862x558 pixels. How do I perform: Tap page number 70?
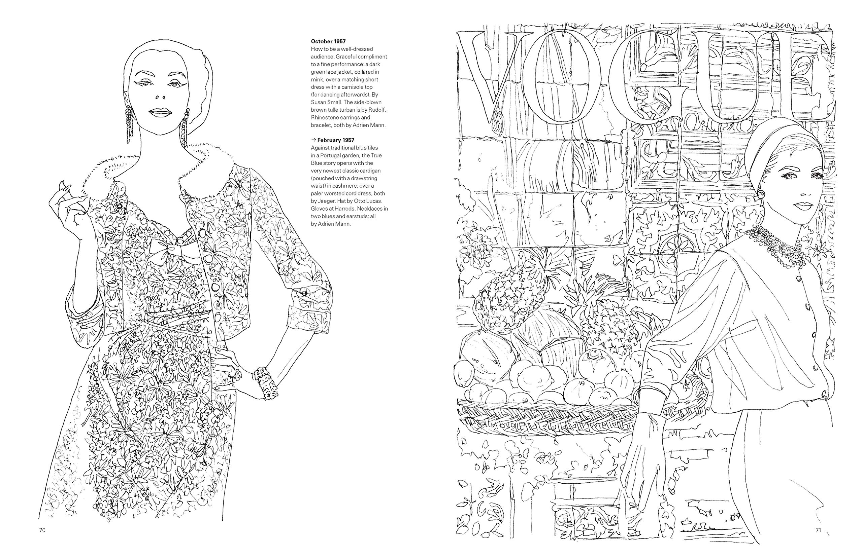pyautogui.click(x=42, y=530)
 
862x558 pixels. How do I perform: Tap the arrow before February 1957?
pyautogui.click(x=313, y=140)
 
